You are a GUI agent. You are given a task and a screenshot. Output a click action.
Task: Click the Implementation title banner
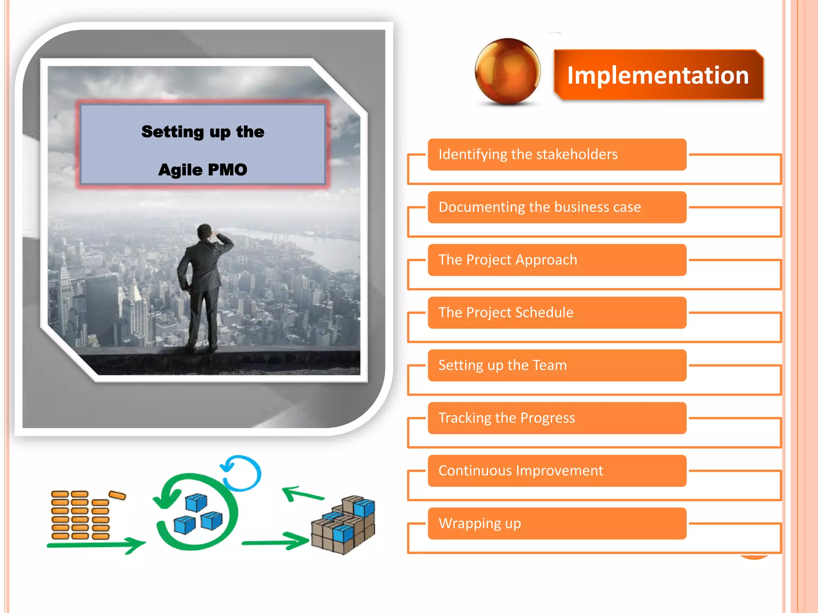coord(658,75)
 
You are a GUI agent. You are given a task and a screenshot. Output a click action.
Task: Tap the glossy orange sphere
coord(507,71)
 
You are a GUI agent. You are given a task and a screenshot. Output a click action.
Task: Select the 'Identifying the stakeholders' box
coord(557,154)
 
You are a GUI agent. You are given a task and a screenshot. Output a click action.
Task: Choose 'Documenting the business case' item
coord(557,207)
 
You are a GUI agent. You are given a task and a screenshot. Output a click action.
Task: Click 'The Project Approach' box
coord(557,260)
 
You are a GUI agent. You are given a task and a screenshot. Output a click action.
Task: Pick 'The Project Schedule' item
coord(557,312)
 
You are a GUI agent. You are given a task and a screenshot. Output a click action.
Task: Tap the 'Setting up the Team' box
coord(557,365)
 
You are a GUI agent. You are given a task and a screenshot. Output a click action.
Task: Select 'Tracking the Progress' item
coord(557,418)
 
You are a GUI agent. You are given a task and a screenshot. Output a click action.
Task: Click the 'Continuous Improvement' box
coord(557,471)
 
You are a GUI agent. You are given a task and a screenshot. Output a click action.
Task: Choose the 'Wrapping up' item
coord(557,523)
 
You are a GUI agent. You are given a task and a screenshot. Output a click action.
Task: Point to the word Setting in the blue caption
coord(173,132)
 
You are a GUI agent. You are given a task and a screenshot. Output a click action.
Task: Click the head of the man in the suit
coord(205,231)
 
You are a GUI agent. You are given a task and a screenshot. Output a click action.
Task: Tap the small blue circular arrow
coord(242,473)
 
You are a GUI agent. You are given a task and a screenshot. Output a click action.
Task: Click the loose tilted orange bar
coord(117,495)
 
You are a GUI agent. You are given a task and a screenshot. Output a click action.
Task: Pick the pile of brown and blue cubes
coord(343,525)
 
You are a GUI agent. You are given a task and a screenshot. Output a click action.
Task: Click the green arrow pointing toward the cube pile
coord(276,542)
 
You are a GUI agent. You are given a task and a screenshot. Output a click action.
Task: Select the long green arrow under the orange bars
coord(96,545)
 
